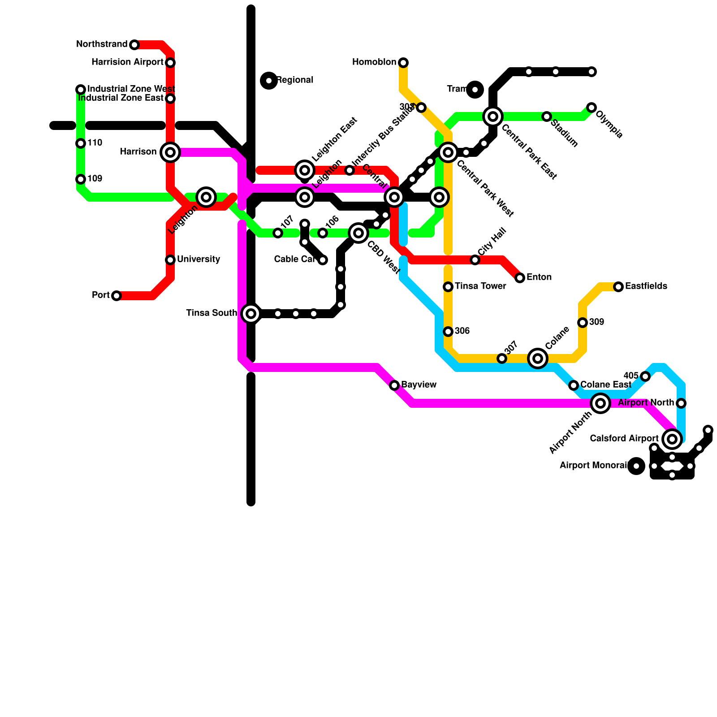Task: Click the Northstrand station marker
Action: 134,45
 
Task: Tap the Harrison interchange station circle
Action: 170,152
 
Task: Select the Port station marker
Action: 117,296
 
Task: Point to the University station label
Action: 198,259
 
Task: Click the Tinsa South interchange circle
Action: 251,314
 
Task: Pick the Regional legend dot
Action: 269,81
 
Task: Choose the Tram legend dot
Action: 475,90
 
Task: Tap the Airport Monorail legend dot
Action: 636,466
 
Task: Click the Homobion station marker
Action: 403,62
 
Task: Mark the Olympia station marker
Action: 592,108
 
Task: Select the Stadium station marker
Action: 547,117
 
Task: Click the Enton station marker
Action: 520,278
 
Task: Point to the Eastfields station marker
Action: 618,287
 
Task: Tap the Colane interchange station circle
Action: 538,358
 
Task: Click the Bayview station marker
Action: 394,385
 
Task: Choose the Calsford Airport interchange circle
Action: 672,439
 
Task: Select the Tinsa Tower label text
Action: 480,286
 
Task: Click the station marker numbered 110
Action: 81,143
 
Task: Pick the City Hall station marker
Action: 475,260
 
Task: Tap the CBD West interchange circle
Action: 358,233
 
